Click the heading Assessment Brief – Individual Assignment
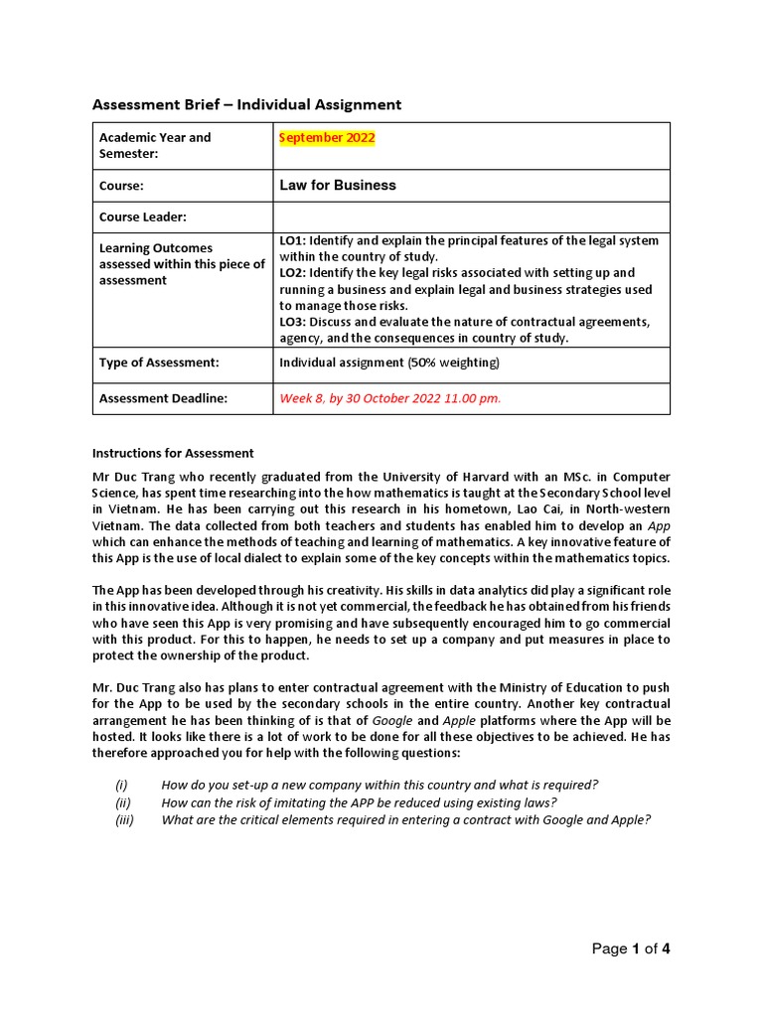[x=246, y=104]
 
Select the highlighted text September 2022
[x=327, y=138]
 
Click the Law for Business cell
[x=338, y=186]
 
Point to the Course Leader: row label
[x=143, y=218]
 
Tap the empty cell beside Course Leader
[x=471, y=218]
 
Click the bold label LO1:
[x=295, y=241]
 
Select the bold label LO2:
[x=295, y=273]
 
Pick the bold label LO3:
[x=295, y=322]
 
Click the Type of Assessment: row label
[x=158, y=363]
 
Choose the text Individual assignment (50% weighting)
[x=389, y=363]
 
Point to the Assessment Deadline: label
[x=163, y=399]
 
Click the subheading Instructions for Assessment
[x=173, y=454]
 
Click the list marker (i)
[x=122, y=785]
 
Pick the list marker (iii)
[x=124, y=819]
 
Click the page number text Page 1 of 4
[x=631, y=949]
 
